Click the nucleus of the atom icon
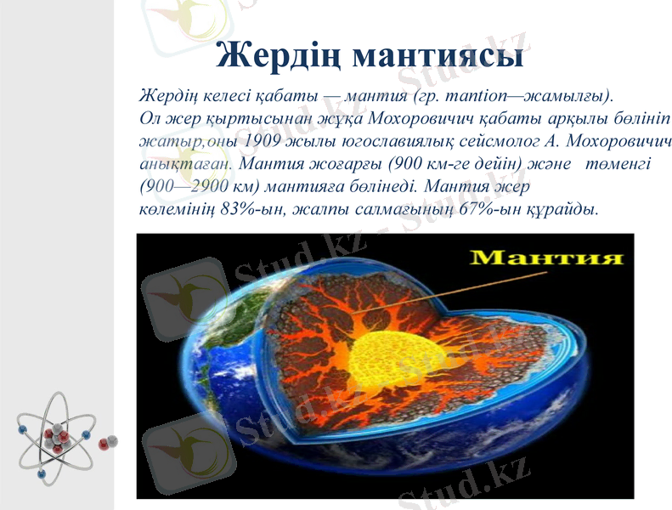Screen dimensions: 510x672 [x=56, y=435]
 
